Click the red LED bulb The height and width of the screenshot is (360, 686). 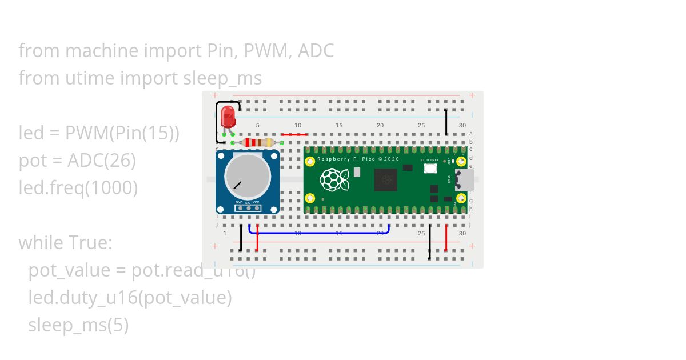tap(229, 116)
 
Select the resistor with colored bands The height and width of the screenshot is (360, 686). tap(257, 142)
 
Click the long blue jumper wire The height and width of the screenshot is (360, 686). tap(320, 233)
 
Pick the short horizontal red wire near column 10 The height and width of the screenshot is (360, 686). tap(294, 135)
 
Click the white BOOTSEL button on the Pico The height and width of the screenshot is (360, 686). tap(430, 169)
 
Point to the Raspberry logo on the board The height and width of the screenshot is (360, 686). tap(334, 180)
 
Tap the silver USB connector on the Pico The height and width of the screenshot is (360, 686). tap(464, 180)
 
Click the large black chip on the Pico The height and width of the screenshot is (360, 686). tap(386, 181)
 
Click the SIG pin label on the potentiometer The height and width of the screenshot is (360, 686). tap(248, 203)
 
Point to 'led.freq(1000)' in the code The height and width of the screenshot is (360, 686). tap(78, 187)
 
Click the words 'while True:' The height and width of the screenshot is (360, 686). tap(65, 243)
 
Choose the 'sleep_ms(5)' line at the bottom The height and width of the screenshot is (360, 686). tap(78, 325)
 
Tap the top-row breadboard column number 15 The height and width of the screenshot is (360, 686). tap(339, 126)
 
